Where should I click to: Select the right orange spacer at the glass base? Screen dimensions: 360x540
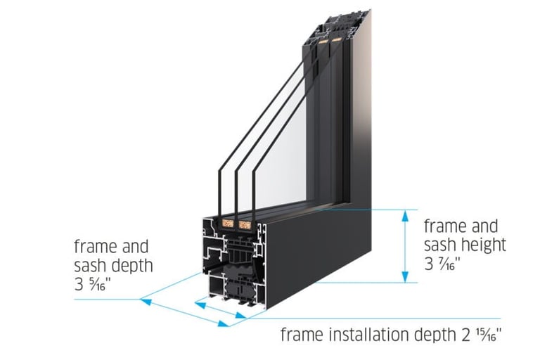pos(245,226)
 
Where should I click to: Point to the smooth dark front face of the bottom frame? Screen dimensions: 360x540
pos(330,253)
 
